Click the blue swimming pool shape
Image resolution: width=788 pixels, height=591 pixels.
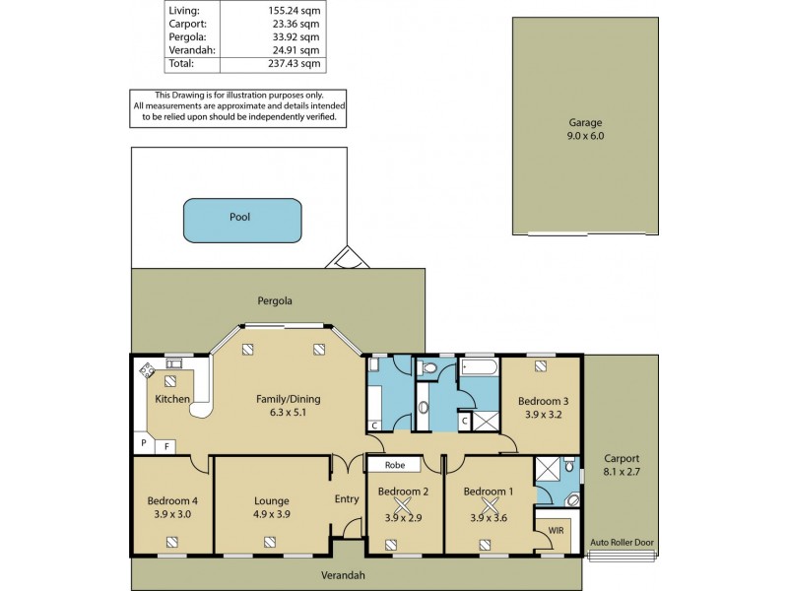[241, 220]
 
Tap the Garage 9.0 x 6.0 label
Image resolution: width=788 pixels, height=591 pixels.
[585, 129]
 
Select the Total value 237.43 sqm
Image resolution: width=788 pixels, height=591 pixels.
[296, 63]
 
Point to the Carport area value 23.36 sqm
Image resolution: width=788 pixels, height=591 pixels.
[296, 25]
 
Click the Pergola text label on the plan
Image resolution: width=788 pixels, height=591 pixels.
[277, 300]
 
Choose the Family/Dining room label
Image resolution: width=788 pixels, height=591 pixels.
[289, 406]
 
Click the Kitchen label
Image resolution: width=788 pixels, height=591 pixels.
[172, 399]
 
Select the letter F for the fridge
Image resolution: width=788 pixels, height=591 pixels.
[165, 445]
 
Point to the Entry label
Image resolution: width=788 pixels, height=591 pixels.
[347, 499]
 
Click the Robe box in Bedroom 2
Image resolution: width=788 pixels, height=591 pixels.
[395, 464]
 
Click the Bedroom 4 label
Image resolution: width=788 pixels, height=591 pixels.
[172, 506]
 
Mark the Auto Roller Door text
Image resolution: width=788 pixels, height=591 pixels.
[621, 543]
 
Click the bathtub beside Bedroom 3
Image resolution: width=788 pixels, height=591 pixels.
[480, 370]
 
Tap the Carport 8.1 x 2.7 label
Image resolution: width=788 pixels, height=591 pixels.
[621, 465]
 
